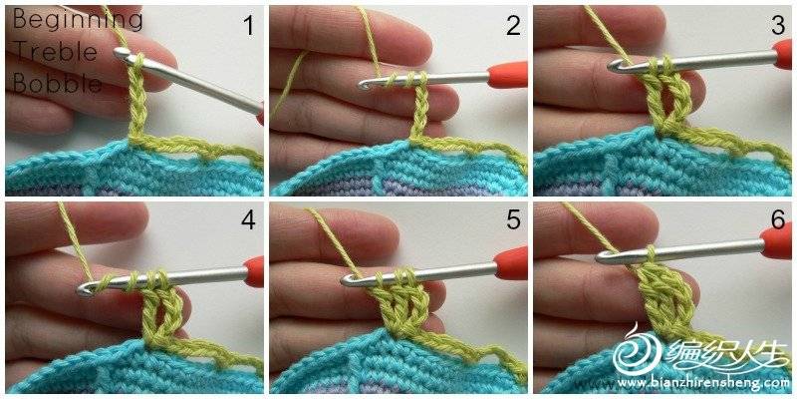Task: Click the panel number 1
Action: click(x=248, y=26)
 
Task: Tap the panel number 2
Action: click(x=513, y=26)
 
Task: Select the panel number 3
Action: click(x=778, y=26)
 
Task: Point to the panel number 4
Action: click(x=248, y=219)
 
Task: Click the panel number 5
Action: click(x=513, y=219)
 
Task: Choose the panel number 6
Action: click(x=778, y=219)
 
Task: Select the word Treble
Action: click(x=55, y=52)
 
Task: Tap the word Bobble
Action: click(x=57, y=83)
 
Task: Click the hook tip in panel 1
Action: click(x=118, y=52)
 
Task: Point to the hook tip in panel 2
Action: click(x=363, y=86)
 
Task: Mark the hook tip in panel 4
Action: click(x=83, y=290)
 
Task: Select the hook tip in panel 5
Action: click(x=346, y=280)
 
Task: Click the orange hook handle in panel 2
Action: click(x=507, y=75)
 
